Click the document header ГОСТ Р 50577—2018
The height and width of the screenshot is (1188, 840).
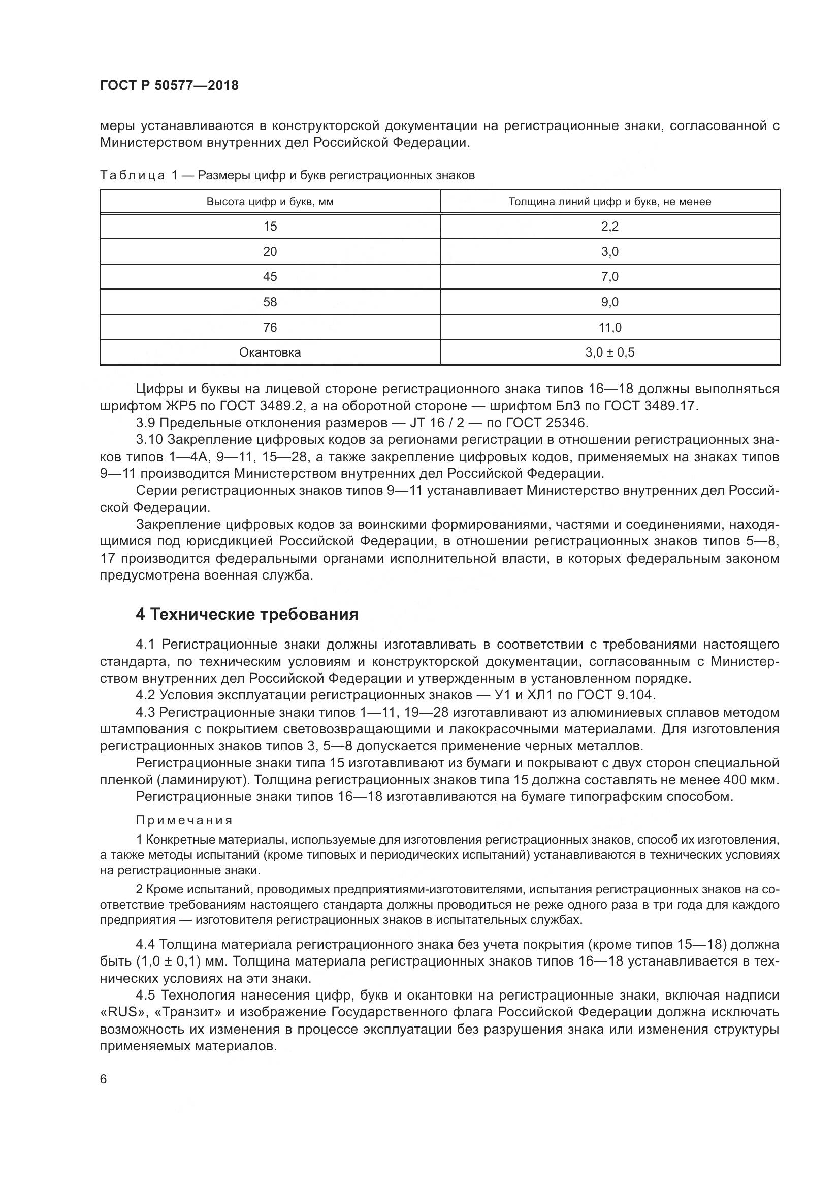click(x=169, y=86)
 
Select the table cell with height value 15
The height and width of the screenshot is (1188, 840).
click(x=270, y=226)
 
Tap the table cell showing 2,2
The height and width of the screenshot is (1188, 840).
click(x=610, y=226)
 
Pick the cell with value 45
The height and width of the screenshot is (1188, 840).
click(x=270, y=276)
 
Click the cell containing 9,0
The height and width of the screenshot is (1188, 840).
click(x=610, y=302)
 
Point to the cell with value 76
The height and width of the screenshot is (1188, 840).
click(x=270, y=327)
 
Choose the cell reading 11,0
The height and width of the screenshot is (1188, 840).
click(x=610, y=327)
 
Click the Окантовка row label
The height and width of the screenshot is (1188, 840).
click(x=270, y=352)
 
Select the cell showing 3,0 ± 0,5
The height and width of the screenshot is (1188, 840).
click(x=610, y=352)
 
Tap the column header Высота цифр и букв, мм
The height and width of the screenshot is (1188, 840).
click(x=270, y=202)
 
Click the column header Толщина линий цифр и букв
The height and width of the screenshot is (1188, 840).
click(x=610, y=202)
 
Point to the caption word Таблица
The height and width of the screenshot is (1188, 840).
click(x=133, y=175)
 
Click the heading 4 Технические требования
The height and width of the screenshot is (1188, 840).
click(x=247, y=614)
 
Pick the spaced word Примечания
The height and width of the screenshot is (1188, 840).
click(x=184, y=820)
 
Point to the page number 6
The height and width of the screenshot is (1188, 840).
click(x=104, y=1079)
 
